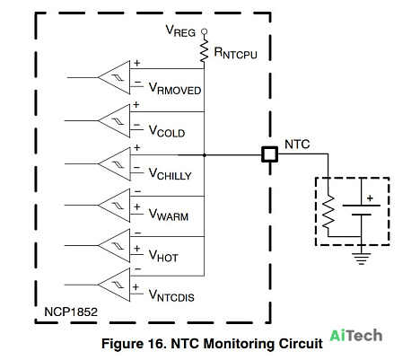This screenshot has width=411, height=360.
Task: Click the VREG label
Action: point(180,31)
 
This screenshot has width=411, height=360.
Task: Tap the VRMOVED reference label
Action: point(175,89)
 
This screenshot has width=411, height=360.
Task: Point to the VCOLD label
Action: point(167,131)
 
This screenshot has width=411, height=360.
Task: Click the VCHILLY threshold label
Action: point(170,174)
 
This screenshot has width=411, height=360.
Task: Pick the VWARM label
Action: point(169,215)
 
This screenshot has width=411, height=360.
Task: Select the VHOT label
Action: point(163,256)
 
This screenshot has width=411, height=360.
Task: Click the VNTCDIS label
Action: point(171,295)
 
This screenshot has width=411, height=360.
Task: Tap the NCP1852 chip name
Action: point(71,312)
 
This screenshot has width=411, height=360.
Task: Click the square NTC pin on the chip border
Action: point(269,154)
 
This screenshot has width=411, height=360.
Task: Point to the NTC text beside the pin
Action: point(297,145)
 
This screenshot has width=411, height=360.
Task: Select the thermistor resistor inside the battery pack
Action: point(328,212)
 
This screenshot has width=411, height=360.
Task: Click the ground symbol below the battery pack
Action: point(362,259)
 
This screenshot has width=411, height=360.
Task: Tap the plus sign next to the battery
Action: point(370,198)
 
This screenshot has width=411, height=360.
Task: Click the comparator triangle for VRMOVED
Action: point(114,77)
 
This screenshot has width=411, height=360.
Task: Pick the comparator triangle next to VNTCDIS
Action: point(114,285)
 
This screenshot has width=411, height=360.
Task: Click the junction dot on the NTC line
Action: point(205,155)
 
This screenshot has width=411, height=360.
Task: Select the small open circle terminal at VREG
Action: point(204,31)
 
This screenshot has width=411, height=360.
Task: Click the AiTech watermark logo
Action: point(356,336)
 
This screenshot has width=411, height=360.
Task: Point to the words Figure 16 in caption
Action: point(134,344)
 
